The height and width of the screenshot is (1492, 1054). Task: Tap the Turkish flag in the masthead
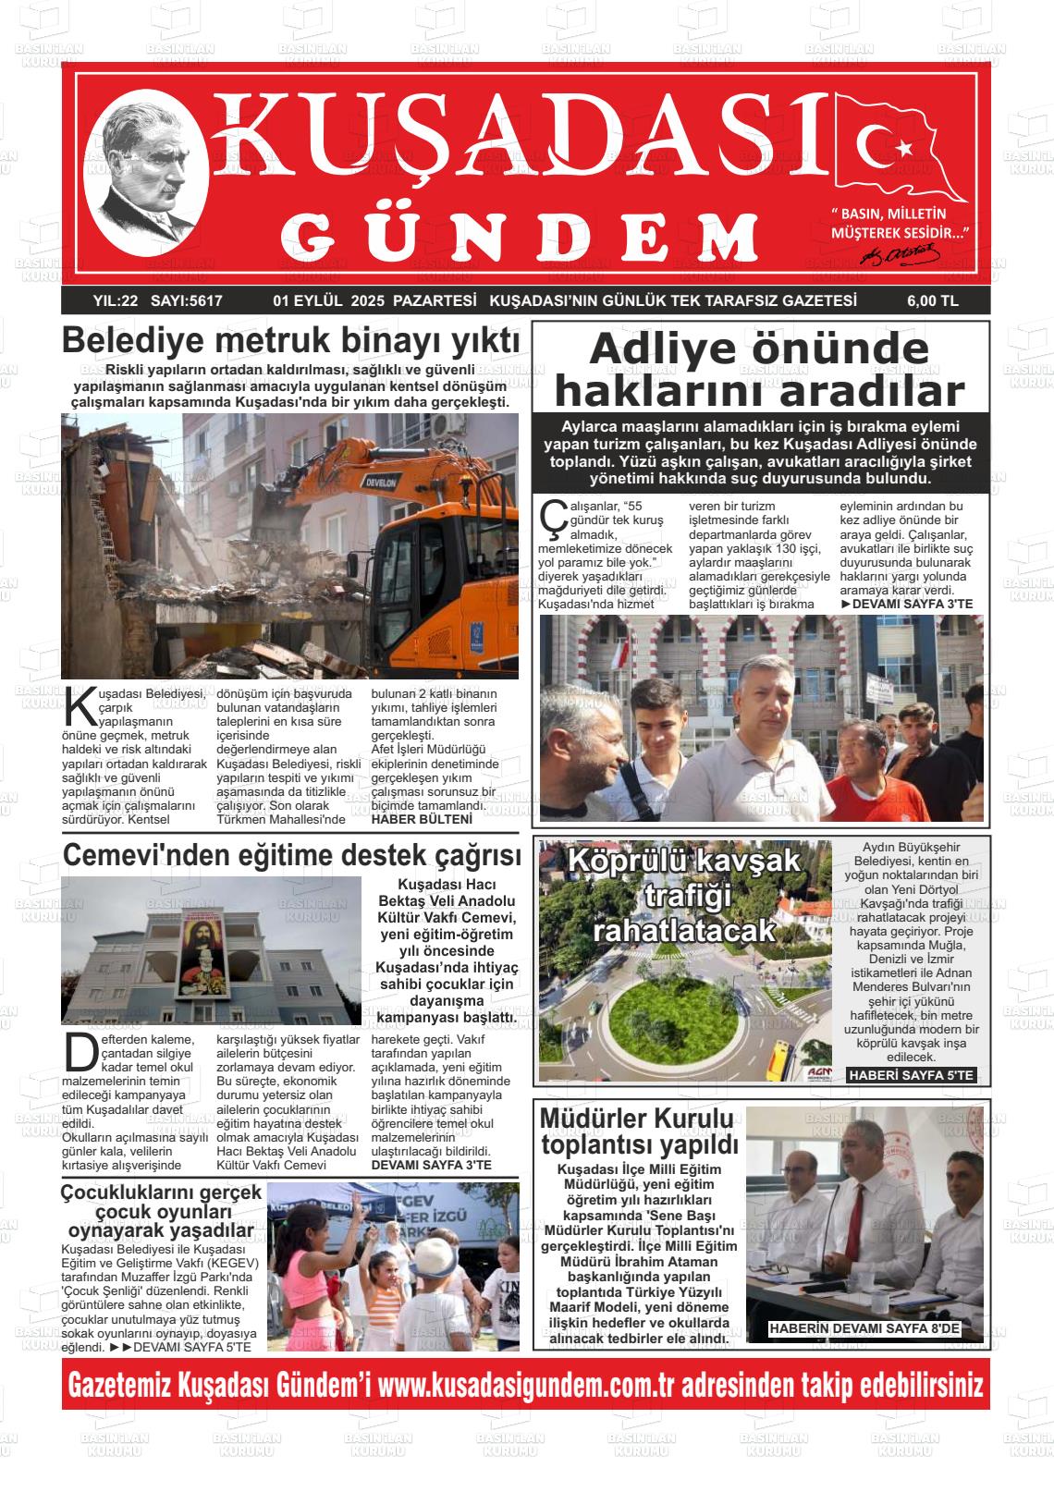899,148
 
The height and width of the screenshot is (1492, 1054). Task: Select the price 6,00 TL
932,300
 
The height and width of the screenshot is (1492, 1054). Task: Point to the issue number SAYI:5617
187,300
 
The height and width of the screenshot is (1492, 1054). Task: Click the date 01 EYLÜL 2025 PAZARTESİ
374,300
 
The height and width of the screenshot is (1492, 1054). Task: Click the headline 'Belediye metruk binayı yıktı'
290,340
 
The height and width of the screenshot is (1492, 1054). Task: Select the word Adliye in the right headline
666,349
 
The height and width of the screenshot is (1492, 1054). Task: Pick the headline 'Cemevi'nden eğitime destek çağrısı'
290,854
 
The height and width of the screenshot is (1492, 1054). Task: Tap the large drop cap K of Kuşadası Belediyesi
80,705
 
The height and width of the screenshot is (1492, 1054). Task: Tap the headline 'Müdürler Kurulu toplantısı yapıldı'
639,1131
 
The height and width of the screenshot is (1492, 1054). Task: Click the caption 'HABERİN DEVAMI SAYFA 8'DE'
864,1329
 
